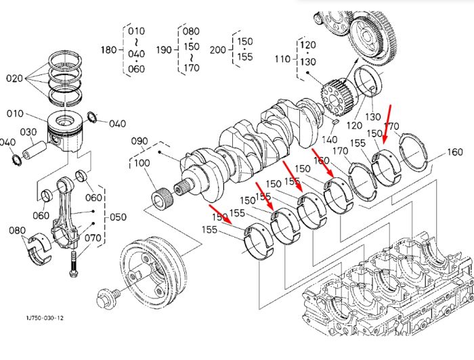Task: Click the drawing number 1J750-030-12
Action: point(45,318)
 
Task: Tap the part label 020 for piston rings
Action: point(14,78)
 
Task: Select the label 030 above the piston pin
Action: point(28,132)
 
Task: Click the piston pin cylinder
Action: point(35,150)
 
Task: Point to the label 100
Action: point(142,163)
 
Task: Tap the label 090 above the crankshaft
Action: point(139,141)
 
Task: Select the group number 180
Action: point(109,49)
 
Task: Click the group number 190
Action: point(164,49)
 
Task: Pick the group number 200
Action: point(218,49)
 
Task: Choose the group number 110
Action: point(282,59)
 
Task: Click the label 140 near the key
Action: point(329,139)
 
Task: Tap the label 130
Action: point(372,116)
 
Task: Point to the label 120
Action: point(353,125)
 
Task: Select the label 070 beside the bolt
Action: point(93,238)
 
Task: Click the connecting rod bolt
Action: point(74,264)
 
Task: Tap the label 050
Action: point(118,217)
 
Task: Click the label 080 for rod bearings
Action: point(17,231)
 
